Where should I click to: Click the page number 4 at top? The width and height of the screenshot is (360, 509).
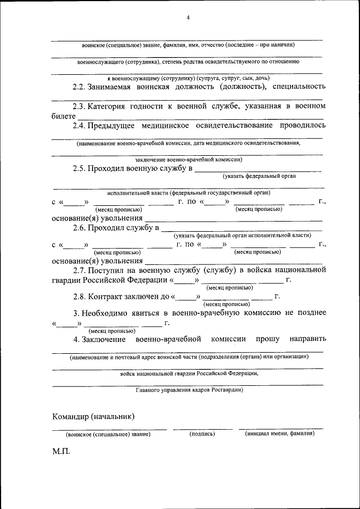click(x=188, y=18)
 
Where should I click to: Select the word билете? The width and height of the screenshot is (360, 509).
click(x=63, y=115)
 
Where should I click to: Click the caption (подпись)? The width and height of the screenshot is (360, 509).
click(x=202, y=434)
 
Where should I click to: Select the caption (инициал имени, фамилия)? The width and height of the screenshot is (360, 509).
click(x=280, y=434)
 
